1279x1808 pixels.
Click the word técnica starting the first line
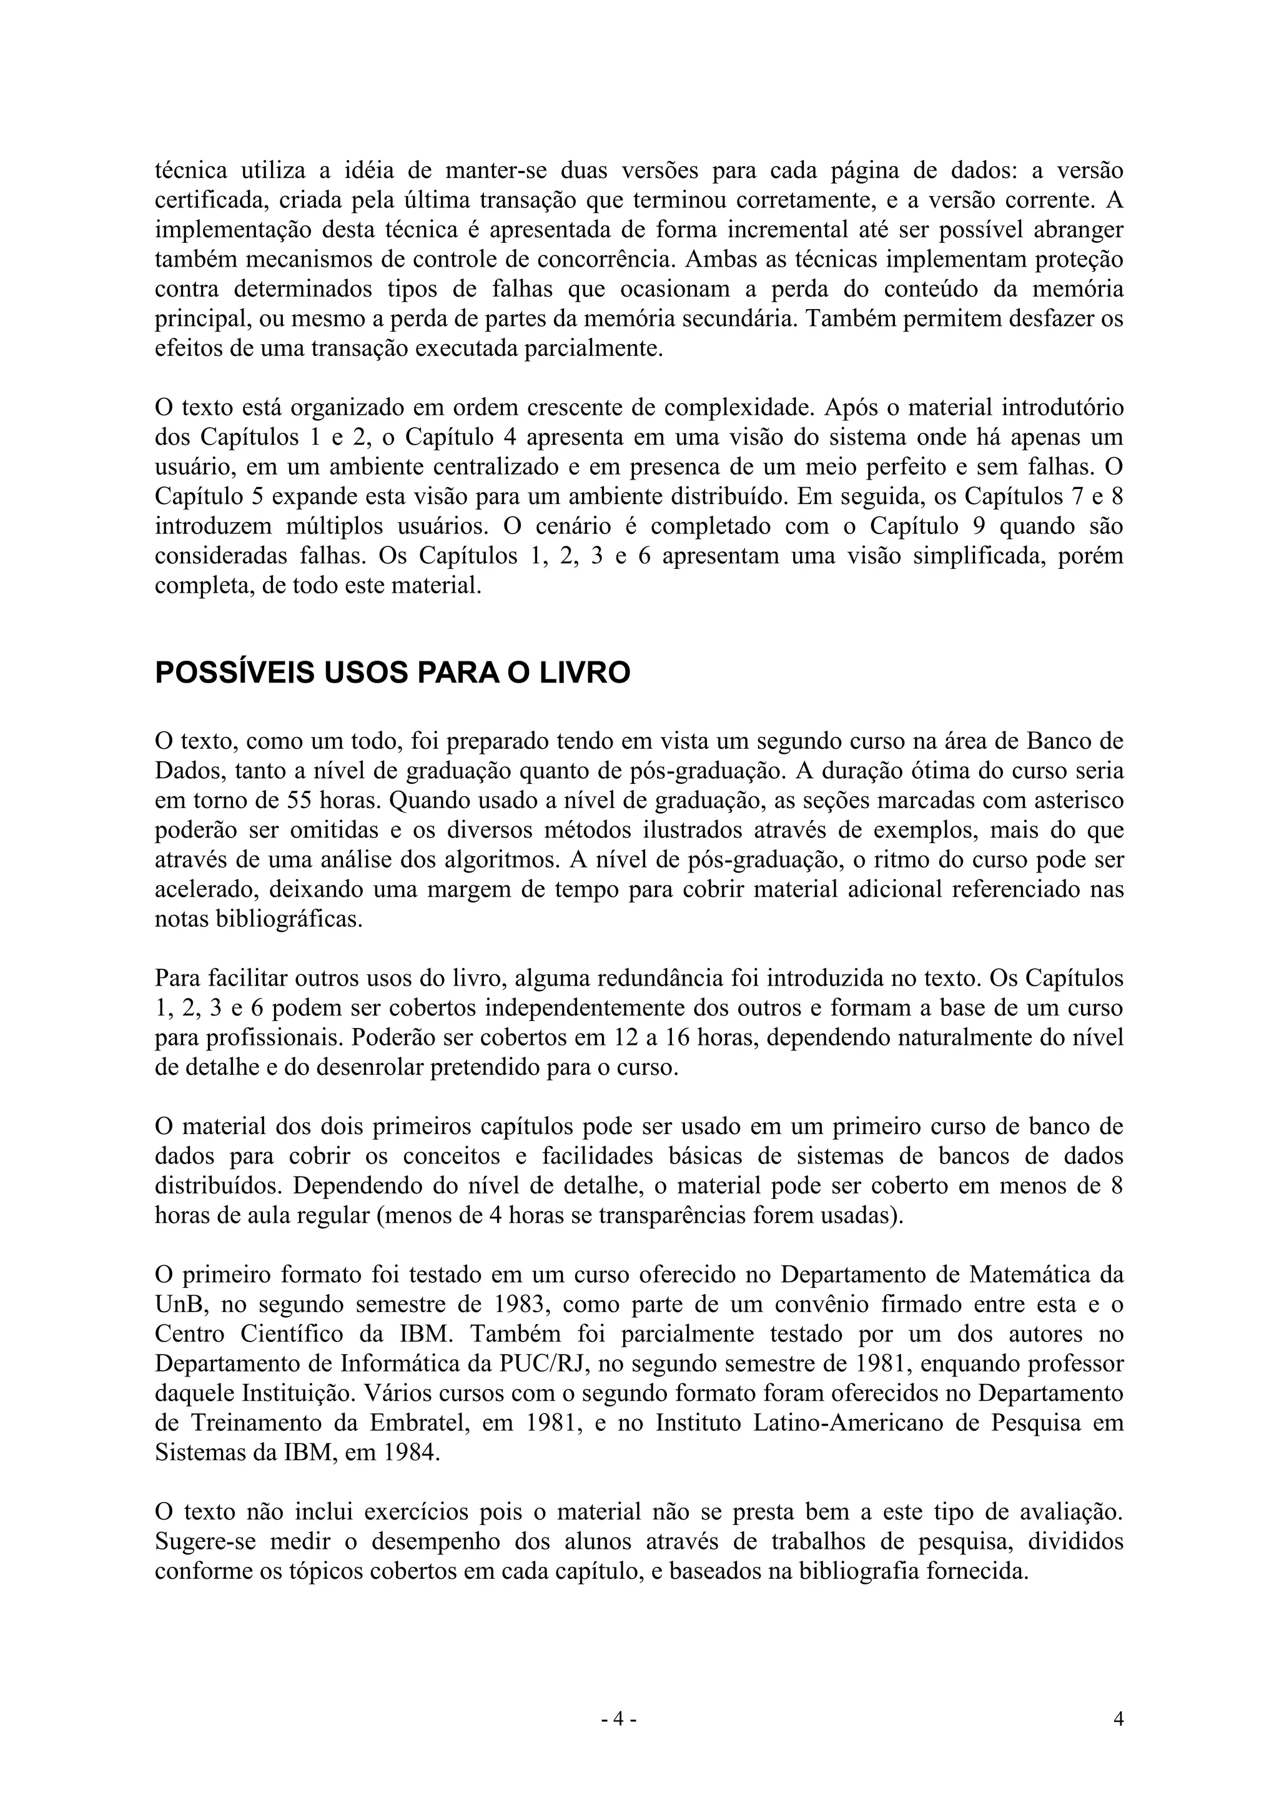point(190,170)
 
